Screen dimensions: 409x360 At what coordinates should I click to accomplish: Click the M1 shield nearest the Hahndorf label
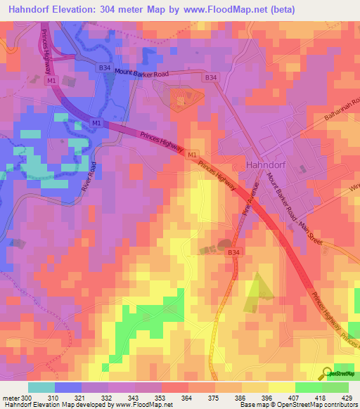coord(193,154)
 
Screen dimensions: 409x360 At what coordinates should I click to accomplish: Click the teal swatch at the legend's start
coord(41,387)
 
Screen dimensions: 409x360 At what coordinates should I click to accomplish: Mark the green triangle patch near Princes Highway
coord(255,290)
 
